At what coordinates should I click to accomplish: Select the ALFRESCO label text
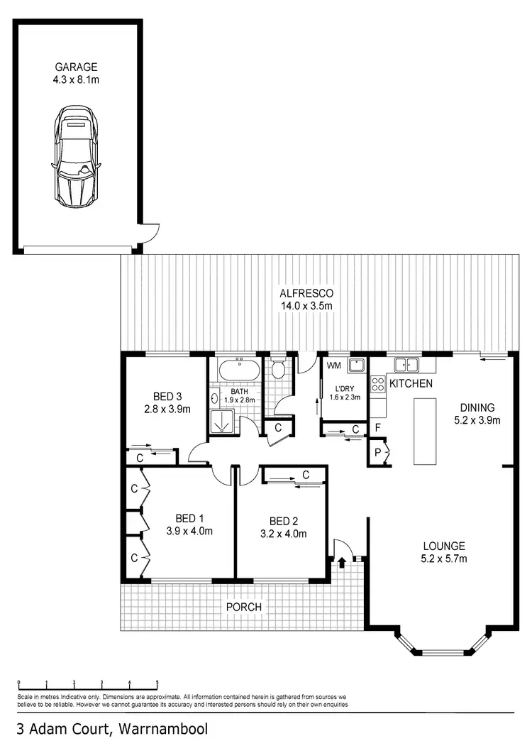click(x=306, y=293)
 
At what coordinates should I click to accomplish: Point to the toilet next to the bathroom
click(x=278, y=368)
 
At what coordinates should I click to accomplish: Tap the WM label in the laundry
click(x=333, y=365)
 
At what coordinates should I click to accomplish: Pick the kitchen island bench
click(x=426, y=431)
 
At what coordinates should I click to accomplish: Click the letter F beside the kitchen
click(x=378, y=428)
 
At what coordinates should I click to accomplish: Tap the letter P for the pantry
click(x=377, y=452)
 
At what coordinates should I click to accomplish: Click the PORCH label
click(x=243, y=608)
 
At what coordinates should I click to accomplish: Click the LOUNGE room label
click(x=443, y=546)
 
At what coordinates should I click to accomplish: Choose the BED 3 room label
click(x=168, y=396)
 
